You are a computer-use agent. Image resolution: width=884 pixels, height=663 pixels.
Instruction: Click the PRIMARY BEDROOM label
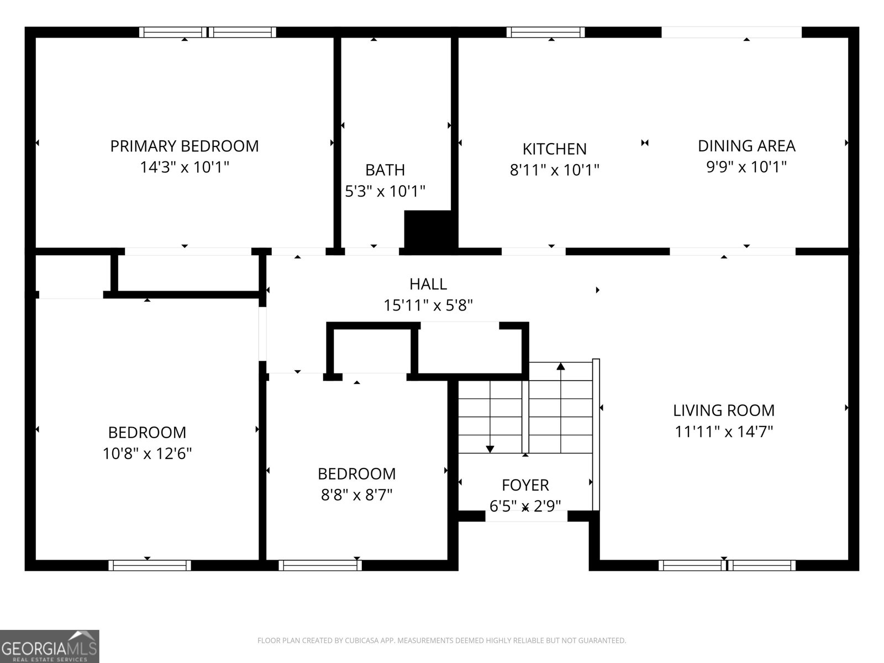click(x=184, y=146)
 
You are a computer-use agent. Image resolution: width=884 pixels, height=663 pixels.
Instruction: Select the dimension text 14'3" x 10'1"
click(x=184, y=167)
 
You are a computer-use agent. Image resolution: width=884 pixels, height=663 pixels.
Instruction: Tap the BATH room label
click(x=385, y=170)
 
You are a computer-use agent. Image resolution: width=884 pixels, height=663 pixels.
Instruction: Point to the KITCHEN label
click(x=554, y=149)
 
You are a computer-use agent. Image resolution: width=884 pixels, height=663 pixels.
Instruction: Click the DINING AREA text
click(x=746, y=146)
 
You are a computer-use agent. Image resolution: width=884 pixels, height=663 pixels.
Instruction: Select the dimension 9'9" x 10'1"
click(x=746, y=167)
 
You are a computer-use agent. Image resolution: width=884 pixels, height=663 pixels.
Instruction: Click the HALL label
click(x=428, y=284)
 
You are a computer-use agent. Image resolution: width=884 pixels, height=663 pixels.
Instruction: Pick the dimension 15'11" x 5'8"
click(x=428, y=305)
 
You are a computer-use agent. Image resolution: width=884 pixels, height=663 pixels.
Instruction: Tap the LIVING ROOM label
click(x=724, y=411)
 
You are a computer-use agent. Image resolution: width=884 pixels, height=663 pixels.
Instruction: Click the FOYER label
click(x=525, y=485)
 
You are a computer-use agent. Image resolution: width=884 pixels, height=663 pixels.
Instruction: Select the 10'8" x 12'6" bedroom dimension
click(x=147, y=454)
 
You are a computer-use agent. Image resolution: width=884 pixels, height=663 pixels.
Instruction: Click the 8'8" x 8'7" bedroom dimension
click(x=356, y=494)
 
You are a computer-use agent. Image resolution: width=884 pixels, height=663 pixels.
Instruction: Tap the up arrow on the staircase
click(x=561, y=366)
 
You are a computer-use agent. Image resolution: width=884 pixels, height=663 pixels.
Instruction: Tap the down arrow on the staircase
click(x=490, y=449)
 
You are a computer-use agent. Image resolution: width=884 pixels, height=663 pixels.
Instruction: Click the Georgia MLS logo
click(x=49, y=646)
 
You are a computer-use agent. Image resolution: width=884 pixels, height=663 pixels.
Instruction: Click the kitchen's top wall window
click(x=546, y=32)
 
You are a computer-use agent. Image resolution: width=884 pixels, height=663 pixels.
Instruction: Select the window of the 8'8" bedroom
click(x=320, y=565)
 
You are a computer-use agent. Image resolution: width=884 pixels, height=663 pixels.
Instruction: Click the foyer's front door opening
click(x=526, y=516)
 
